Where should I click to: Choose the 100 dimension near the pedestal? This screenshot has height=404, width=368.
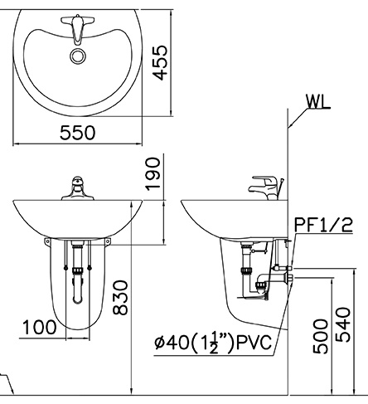pos(39,329)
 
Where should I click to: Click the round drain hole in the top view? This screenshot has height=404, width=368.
pos(78,56)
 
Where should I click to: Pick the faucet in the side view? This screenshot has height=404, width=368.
pos(265,185)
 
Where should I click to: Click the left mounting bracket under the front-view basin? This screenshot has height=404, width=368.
pos(47,241)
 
